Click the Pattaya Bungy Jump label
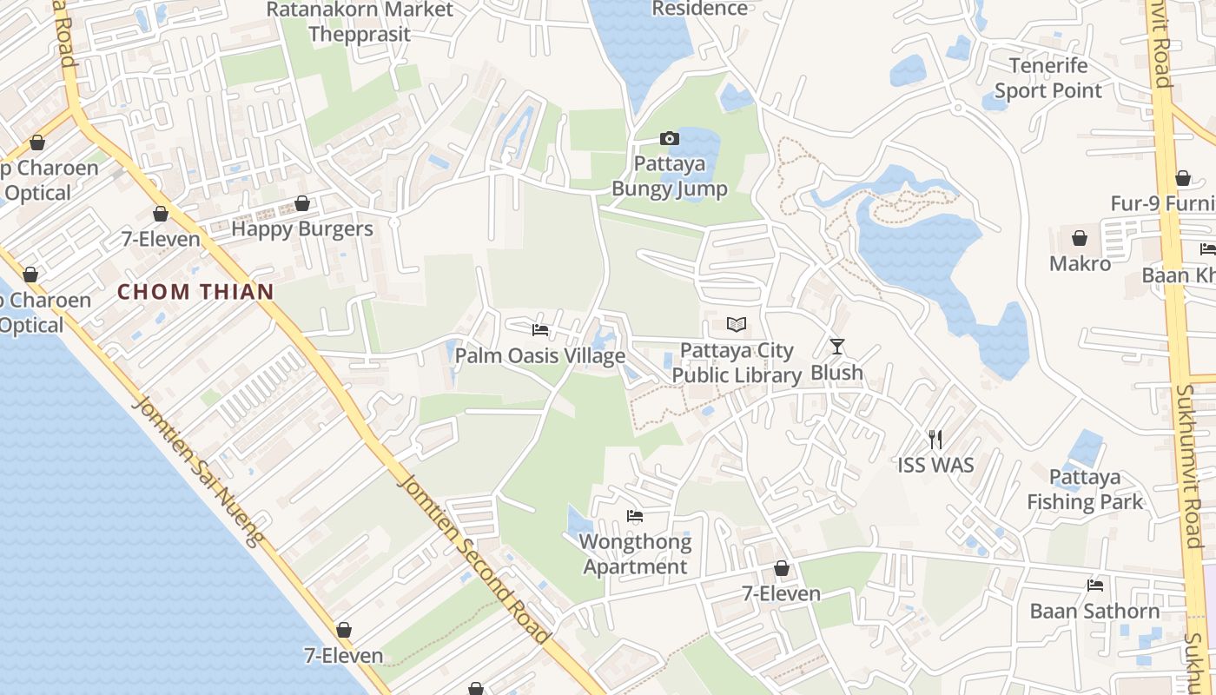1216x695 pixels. [670, 176]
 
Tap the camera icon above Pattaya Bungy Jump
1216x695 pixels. [669, 138]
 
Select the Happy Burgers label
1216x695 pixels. [302, 229]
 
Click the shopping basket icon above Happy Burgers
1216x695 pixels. [302, 203]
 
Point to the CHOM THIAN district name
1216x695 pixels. [195, 292]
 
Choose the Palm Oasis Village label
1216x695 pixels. [540, 356]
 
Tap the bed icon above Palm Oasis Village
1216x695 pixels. [540, 330]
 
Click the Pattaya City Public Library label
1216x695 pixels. [737, 363]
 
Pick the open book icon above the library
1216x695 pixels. [737, 325]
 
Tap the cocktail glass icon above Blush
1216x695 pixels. [837, 347]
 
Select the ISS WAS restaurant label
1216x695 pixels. [935, 465]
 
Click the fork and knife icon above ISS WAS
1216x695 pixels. [935, 439]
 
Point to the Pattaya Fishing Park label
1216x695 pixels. [1085, 489]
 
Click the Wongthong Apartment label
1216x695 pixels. [636, 554]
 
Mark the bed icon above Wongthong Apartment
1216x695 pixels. [635, 516]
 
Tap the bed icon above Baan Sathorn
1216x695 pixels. [1094, 586]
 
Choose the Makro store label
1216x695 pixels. [1080, 263]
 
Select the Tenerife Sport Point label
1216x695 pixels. [1047, 78]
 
